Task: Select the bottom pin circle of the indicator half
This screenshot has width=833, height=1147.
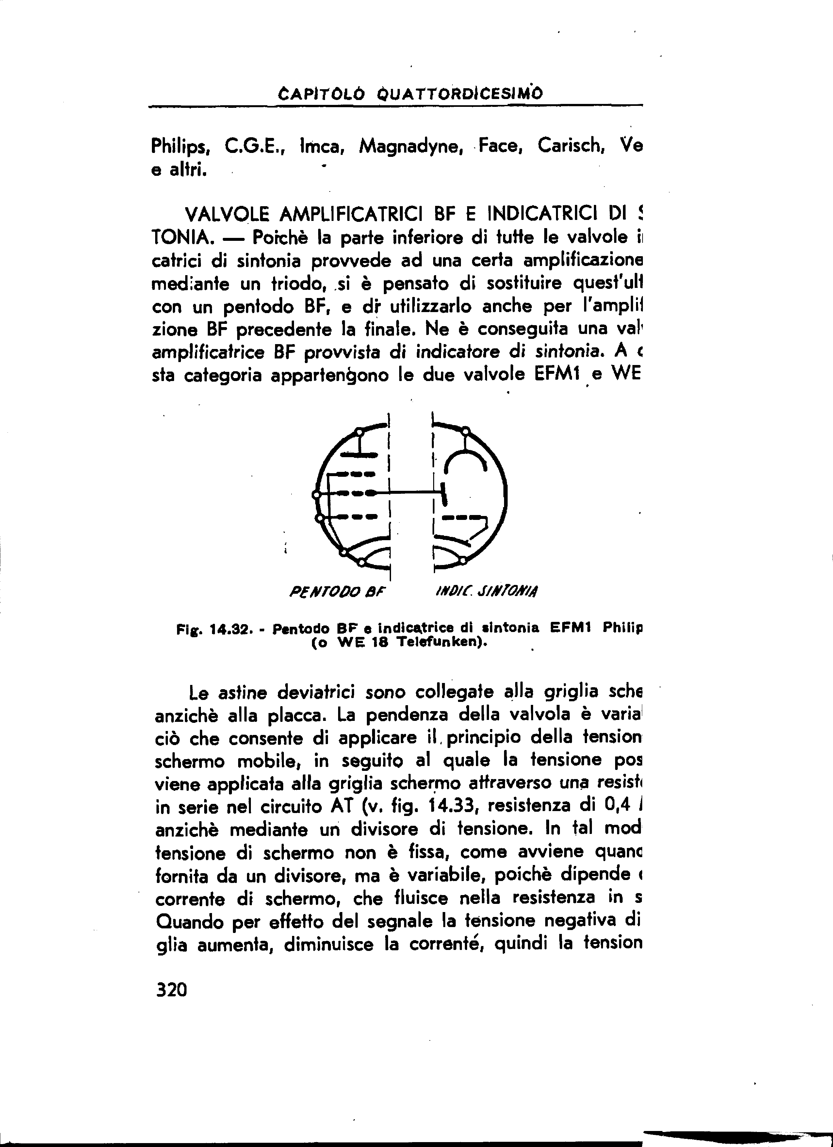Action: (463, 560)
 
